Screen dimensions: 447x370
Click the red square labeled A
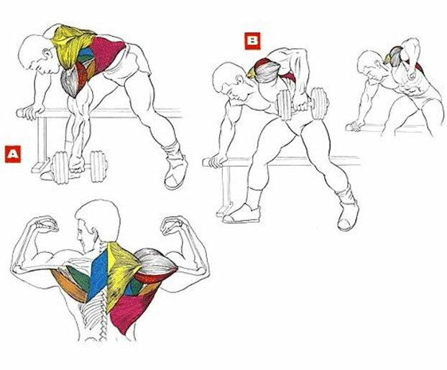tap(13, 154)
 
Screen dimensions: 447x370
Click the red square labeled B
tap(252, 41)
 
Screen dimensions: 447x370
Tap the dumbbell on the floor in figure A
tap(79, 167)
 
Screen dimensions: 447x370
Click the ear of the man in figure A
tap(46, 53)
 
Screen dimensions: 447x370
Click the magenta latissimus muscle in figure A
tap(109, 52)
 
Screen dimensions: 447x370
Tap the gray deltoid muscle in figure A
tap(70, 82)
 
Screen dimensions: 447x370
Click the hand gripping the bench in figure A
tap(31, 112)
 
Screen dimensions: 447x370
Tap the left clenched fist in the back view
tap(46, 224)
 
